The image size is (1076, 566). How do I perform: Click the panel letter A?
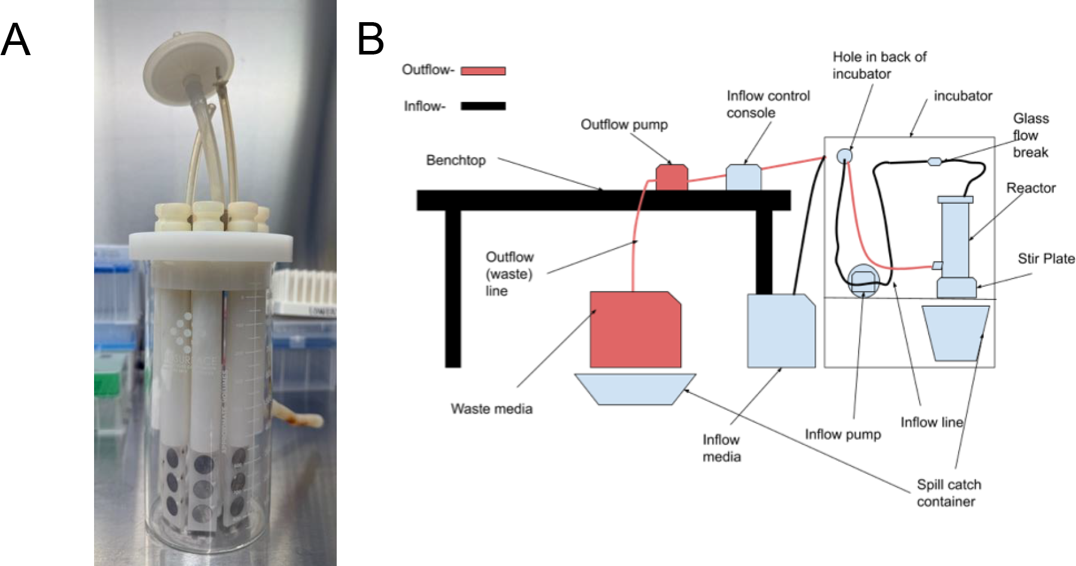(x=16, y=40)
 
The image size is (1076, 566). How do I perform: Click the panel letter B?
(x=370, y=40)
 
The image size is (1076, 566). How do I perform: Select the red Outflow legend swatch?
(x=483, y=71)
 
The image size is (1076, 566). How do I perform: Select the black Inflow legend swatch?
(x=483, y=106)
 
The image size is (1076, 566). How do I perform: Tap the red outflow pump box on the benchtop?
(x=672, y=177)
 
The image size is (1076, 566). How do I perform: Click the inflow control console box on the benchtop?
(x=743, y=177)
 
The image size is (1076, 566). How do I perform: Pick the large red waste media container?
(x=636, y=329)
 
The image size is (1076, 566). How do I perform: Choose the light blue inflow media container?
(x=781, y=331)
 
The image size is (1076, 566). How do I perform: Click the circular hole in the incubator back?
(x=844, y=156)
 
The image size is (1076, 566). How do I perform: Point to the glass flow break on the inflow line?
(x=935, y=161)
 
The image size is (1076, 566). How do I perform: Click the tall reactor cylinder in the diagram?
(x=956, y=240)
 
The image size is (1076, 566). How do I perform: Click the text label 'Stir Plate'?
(x=1046, y=259)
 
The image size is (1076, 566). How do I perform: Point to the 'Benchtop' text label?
(x=456, y=161)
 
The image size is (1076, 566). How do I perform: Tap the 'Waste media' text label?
(x=491, y=409)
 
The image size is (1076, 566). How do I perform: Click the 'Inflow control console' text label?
(x=768, y=104)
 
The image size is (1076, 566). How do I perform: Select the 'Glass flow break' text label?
(x=1030, y=135)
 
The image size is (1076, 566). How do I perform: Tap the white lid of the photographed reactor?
(x=211, y=246)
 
